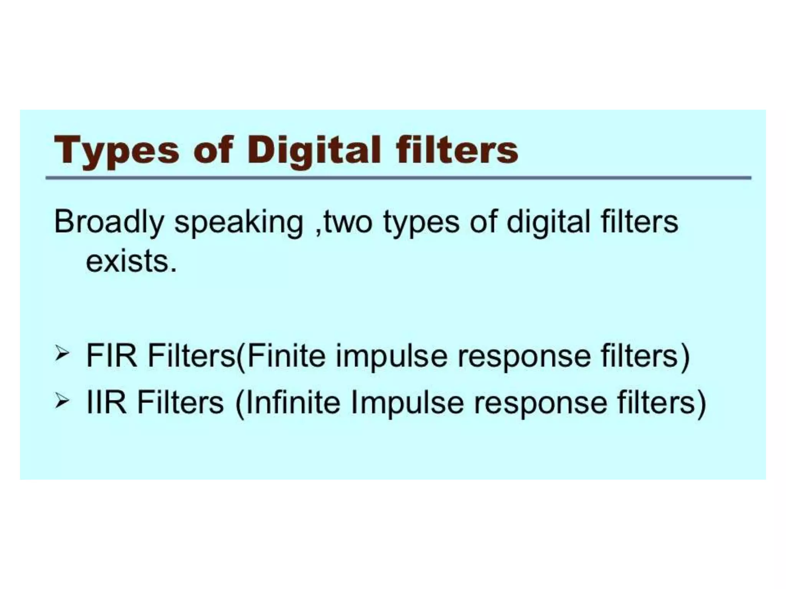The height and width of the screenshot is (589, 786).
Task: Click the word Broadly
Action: coord(109,222)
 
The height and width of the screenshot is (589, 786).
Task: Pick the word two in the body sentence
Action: coord(347,222)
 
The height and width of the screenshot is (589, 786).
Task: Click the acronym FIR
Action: coord(112,356)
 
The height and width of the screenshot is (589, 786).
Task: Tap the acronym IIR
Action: coord(107,402)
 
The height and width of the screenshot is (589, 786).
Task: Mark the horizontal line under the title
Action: coord(398,178)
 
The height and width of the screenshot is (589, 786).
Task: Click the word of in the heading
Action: coord(213,150)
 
